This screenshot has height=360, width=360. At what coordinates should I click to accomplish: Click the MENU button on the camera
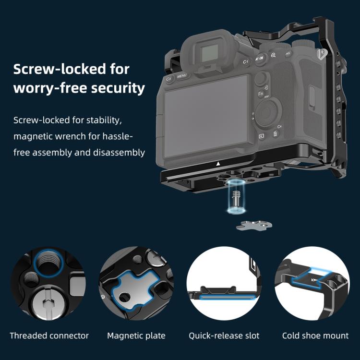coord(182,76)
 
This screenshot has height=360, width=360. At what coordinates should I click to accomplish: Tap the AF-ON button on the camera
coord(259,59)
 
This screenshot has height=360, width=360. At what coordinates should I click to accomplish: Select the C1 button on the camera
coord(245,62)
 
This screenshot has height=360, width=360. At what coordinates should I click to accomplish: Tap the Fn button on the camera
coord(261,94)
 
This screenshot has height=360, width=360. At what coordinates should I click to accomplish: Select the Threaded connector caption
coord(49,336)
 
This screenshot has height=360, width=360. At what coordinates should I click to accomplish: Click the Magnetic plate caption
coord(136,336)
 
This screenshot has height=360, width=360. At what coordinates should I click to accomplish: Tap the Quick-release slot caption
coord(224,336)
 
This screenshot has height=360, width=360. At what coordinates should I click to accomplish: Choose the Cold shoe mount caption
coord(315,336)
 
